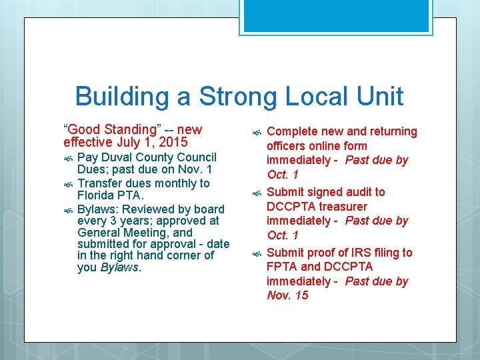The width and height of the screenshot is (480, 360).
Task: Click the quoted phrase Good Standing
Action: (111, 129)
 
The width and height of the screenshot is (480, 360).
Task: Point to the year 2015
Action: (173, 142)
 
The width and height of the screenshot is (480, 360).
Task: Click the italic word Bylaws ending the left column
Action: (119, 268)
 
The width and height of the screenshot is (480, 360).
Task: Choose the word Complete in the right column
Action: (292, 132)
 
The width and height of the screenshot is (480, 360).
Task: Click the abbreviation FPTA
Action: (281, 267)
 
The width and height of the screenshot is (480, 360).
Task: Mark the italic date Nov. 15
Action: (287, 295)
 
